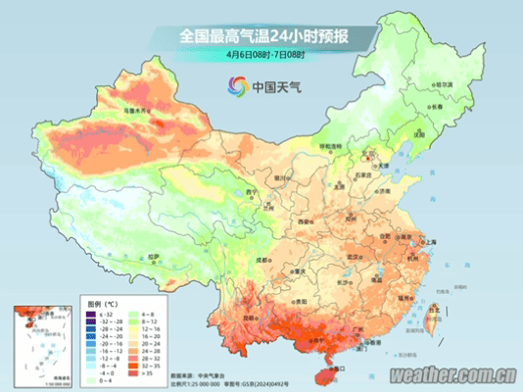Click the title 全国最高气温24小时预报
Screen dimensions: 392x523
coord(263,36)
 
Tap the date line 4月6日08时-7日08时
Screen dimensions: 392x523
coord(262,54)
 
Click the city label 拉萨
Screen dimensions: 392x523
coord(154,257)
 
